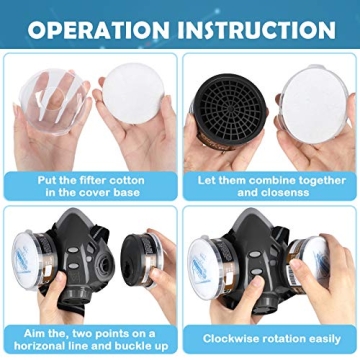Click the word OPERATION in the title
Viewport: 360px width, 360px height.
pyautogui.click(x=100, y=28)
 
